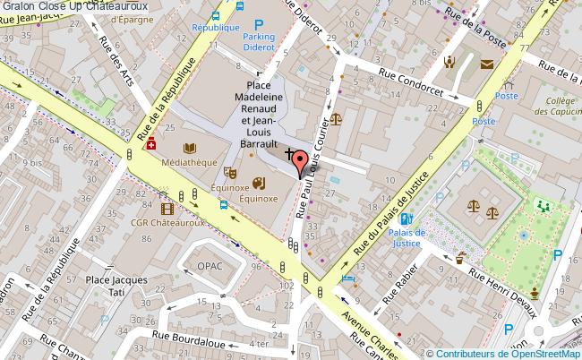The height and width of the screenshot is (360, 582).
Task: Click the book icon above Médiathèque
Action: click(188, 148)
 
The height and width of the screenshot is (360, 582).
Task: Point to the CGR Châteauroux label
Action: click(164, 222)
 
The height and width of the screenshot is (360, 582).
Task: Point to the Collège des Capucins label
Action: click(556, 106)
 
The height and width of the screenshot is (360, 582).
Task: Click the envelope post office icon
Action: click(486, 64)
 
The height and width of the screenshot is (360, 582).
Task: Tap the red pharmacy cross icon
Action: click(150, 143)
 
